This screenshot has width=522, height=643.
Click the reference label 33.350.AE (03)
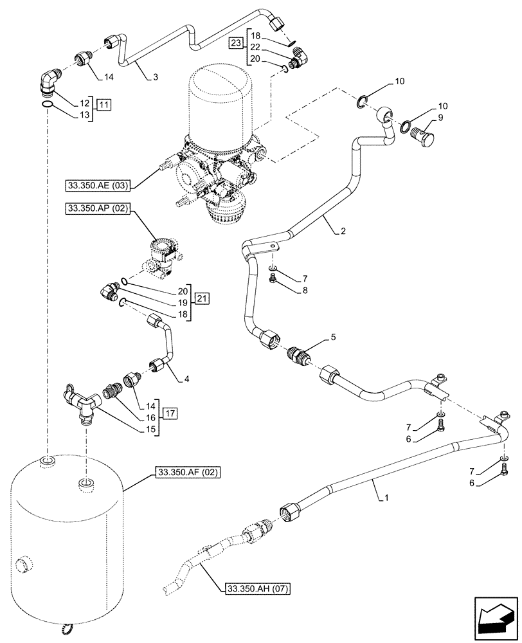point(98,186)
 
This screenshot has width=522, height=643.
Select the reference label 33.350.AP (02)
point(98,209)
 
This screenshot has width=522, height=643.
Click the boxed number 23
point(236,43)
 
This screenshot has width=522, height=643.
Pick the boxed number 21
point(203,298)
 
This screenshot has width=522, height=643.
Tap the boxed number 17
point(170,412)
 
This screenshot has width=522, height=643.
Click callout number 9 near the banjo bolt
point(441,118)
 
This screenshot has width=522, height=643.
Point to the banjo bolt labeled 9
point(424,136)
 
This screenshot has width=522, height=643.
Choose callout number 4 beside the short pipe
point(186,379)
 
